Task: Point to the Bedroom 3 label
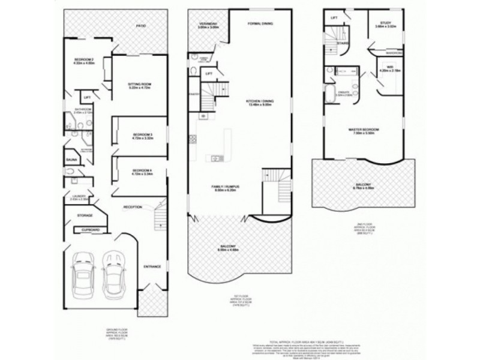(x=142, y=134)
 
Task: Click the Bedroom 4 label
(x=142, y=171)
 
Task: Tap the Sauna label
(x=71, y=160)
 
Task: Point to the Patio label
(x=142, y=26)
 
